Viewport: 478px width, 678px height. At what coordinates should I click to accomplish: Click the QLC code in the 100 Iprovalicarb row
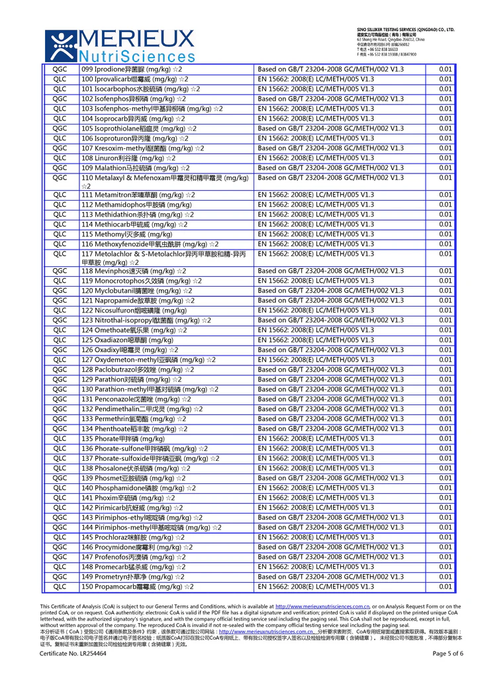[x=60, y=79]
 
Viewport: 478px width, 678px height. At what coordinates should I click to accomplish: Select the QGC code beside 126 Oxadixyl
[x=60, y=350]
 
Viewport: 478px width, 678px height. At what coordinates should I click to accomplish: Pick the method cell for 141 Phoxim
[x=316, y=498]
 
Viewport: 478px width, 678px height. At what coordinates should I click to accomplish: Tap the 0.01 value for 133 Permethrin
[x=445, y=418]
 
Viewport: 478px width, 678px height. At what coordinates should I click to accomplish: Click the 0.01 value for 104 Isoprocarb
[x=445, y=119]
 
